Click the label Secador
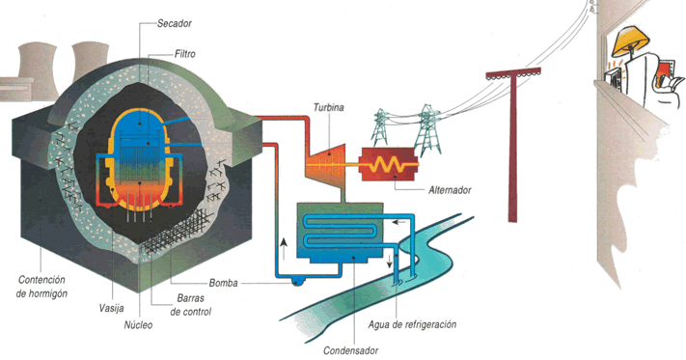point(173,22)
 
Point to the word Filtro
point(191,54)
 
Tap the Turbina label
point(330,108)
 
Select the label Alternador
point(450,190)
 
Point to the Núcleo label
point(138,325)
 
